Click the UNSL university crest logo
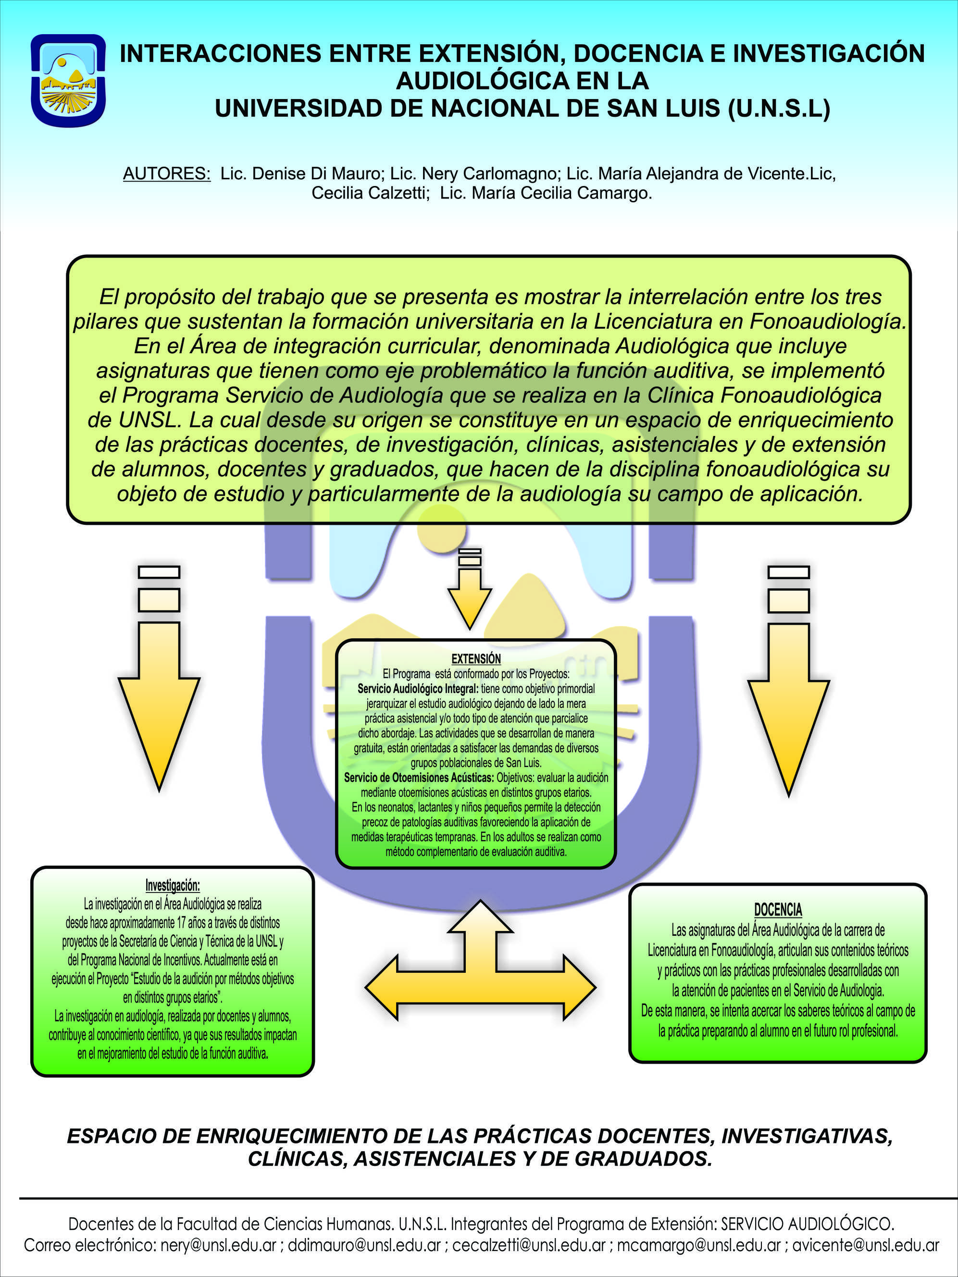tap(68, 80)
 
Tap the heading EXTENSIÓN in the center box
tap(476, 659)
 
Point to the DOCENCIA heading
tap(778, 910)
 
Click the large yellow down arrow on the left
tap(159, 678)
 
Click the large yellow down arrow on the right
tap(788, 681)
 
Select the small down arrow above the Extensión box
tap(470, 588)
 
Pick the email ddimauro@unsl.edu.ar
tap(364, 1245)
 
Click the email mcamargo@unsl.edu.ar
tap(699, 1245)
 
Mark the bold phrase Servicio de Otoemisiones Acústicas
tap(419, 778)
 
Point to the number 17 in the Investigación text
tap(182, 922)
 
